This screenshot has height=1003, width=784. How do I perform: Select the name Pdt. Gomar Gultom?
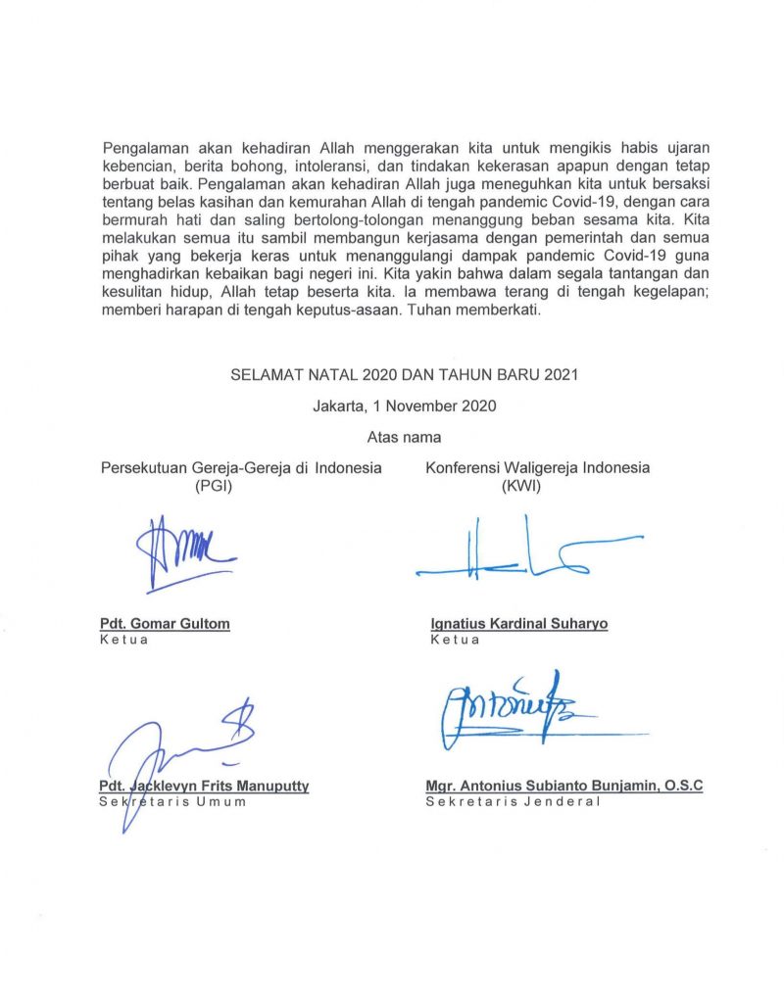[165, 624]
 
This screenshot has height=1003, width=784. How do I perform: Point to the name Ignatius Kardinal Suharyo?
[518, 624]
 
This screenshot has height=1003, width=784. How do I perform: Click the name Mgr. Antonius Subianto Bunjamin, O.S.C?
[563, 786]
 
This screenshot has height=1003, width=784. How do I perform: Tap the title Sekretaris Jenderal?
[512, 801]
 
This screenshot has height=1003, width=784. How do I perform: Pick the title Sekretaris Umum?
[172, 801]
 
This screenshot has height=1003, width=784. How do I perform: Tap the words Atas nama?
[404, 437]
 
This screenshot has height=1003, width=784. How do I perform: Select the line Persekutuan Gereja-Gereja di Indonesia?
[241, 467]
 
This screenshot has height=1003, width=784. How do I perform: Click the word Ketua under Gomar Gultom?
[123, 640]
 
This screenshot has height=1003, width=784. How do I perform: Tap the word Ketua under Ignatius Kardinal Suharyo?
[455, 640]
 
